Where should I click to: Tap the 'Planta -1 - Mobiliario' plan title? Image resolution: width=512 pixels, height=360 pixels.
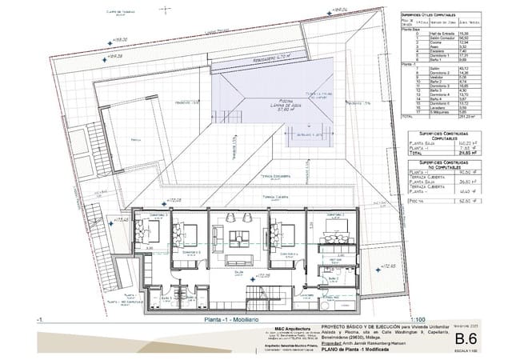[x=223, y=319]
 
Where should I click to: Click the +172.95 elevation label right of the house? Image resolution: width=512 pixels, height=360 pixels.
[x=387, y=266]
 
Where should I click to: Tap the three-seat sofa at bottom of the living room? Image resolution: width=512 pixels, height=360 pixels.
[x=239, y=261]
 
